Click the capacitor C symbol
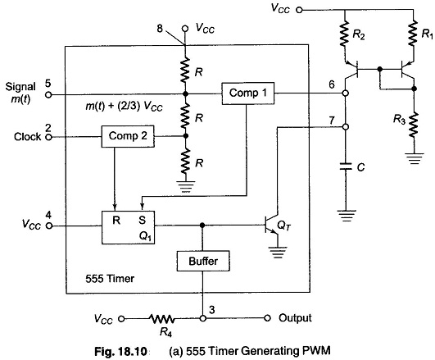(346, 166)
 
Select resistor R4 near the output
(162, 319)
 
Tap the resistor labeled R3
(414, 124)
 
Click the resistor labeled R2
(345, 34)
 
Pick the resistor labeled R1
(414, 33)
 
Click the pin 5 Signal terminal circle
(48, 95)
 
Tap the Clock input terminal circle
(48, 137)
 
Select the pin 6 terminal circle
(346, 93)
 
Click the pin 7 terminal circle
(346, 127)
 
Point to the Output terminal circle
(267, 318)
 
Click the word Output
(295, 318)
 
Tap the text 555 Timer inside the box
(110, 279)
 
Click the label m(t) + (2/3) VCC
(124, 107)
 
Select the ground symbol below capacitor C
(346, 216)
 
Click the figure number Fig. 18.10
(120, 351)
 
